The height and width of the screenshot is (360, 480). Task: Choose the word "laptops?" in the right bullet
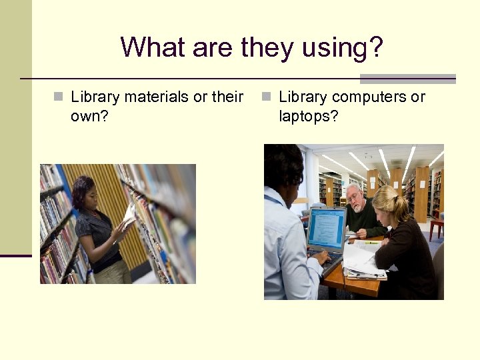tap(309, 116)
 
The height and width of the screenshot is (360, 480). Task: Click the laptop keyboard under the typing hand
tap(329, 259)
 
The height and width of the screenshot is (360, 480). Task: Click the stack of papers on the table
tap(364, 263)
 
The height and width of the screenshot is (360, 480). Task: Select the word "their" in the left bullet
tap(227, 97)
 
